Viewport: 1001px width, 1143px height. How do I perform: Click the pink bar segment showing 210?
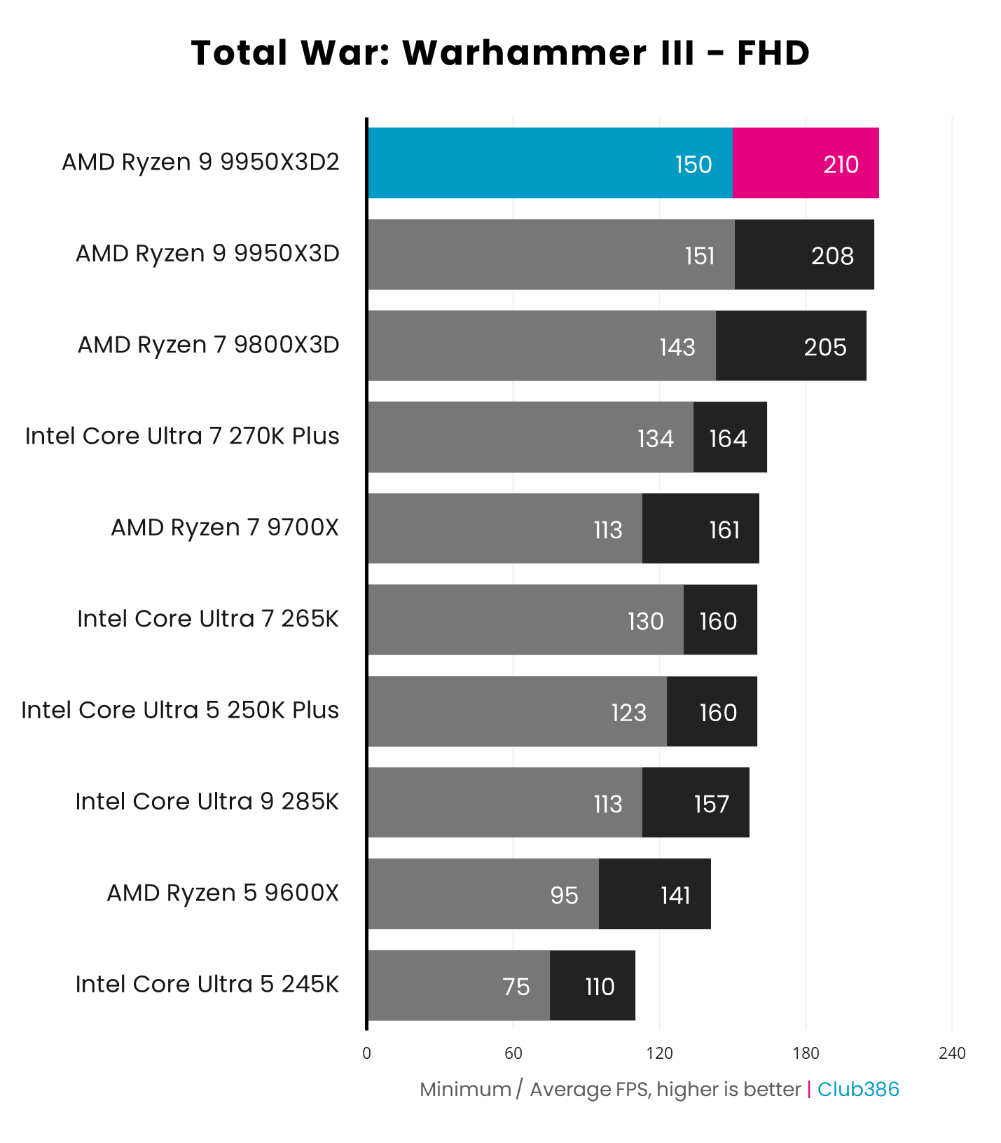(806, 163)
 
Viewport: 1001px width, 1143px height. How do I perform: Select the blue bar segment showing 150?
(550, 163)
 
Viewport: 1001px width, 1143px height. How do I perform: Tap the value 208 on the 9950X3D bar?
(832, 256)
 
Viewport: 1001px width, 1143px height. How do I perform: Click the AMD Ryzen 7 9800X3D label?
(208, 345)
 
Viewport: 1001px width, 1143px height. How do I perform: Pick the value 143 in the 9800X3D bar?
(677, 347)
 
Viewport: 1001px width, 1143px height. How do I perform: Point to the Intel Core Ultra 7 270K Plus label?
(182, 436)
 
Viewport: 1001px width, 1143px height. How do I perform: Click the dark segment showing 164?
(729, 438)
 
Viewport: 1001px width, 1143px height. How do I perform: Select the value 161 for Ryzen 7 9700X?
(724, 530)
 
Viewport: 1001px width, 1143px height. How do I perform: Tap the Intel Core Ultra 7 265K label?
(208, 619)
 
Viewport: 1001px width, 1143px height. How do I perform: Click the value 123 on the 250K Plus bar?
(628, 713)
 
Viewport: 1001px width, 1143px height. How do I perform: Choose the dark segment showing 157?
(696, 803)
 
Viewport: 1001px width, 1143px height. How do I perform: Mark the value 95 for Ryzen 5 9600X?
(564, 895)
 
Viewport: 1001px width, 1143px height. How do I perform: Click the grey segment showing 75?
(459, 986)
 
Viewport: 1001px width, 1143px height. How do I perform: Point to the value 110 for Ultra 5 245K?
(600, 987)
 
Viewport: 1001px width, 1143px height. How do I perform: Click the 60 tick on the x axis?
(513, 1053)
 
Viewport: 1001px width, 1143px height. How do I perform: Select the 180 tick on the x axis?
(806, 1053)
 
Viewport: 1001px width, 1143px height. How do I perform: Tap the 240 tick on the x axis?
(951, 1053)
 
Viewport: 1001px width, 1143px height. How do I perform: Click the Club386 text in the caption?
(857, 1089)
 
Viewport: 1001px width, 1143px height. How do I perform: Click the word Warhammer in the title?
(514, 53)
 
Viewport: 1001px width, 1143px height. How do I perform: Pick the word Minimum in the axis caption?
(465, 1089)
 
